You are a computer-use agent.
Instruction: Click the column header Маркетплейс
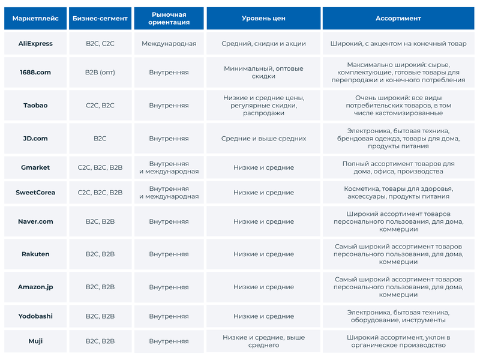35,19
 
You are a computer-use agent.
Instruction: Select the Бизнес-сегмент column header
100,19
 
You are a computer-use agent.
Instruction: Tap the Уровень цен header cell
263,19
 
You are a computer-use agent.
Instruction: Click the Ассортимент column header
398,19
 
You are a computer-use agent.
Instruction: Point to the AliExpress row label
35,44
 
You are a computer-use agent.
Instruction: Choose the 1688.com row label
35,73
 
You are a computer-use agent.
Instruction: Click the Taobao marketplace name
35,106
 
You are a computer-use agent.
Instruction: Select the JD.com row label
35,139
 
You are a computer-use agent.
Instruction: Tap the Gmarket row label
35,167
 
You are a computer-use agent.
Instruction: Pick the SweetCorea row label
35,193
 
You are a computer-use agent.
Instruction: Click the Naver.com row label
35,221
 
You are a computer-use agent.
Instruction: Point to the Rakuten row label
35,254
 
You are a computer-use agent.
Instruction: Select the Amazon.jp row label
35,287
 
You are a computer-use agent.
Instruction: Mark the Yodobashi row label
35,316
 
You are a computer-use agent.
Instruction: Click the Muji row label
35,341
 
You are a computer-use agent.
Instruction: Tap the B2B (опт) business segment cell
100,73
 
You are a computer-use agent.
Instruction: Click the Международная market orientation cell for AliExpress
169,44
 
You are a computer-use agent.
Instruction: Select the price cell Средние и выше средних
263,139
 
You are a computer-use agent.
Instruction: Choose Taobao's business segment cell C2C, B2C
100,106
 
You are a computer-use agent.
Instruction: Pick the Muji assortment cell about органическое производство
398,341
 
